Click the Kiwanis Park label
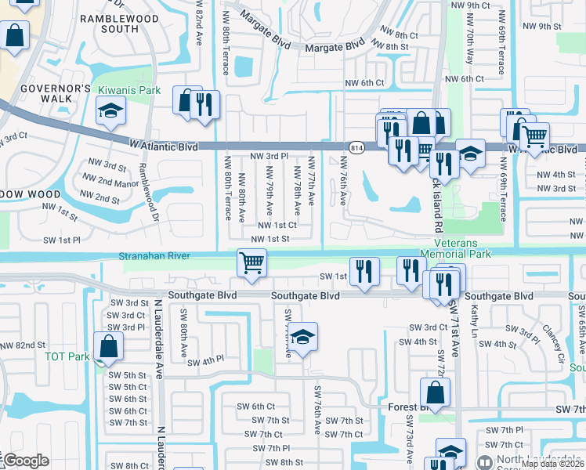click(x=129, y=91)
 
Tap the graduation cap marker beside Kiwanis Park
click(x=111, y=112)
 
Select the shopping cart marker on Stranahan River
click(x=251, y=262)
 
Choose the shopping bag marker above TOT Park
click(x=108, y=345)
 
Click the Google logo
click(x=26, y=461)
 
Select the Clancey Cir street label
click(x=552, y=339)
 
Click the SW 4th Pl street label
click(x=205, y=361)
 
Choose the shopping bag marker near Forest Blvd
click(x=435, y=392)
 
